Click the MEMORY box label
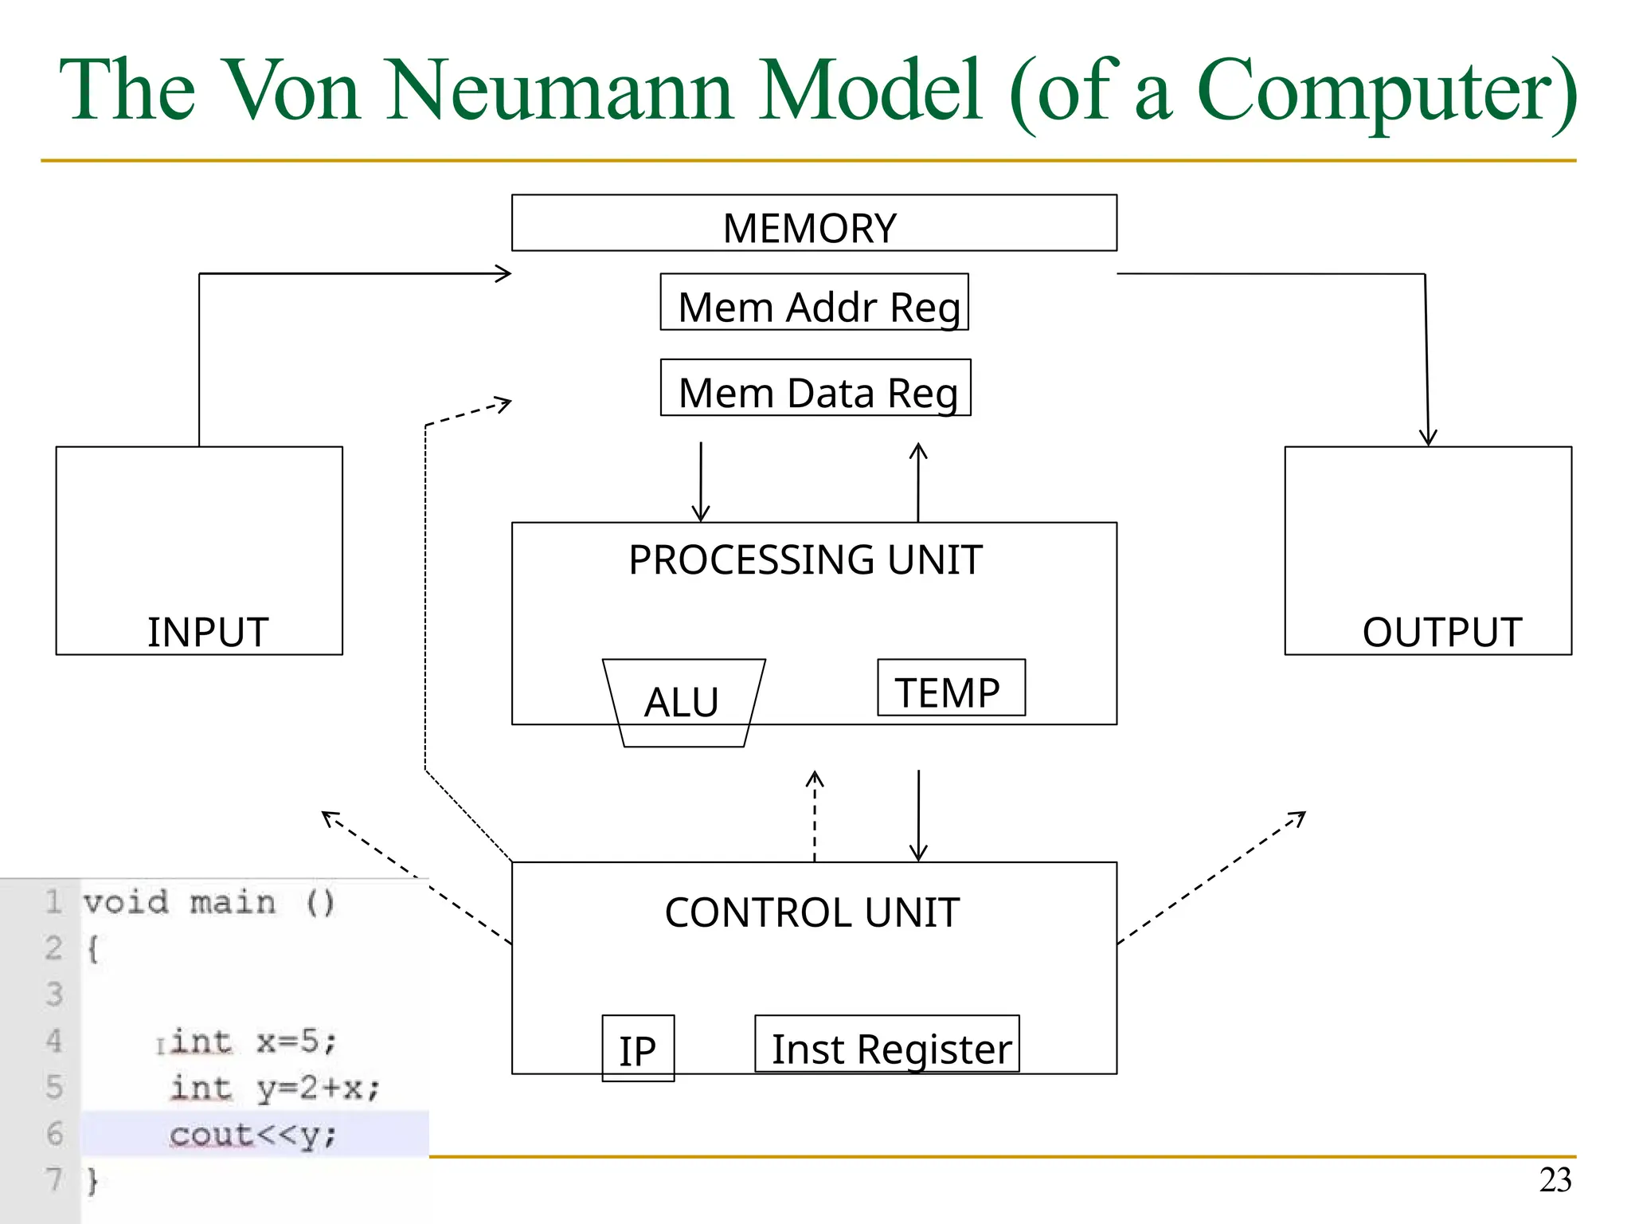coord(809,228)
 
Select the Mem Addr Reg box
coord(814,303)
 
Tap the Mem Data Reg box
coord(815,389)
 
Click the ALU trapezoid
coord(683,702)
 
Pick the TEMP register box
coord(951,688)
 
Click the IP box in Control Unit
coord(638,1049)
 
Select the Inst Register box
coord(887,1045)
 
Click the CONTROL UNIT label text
coord(812,912)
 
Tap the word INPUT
coord(207,633)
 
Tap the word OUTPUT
coord(1441,633)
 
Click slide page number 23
coord(1555,1180)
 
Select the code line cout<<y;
coord(253,1134)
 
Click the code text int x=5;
coord(255,1042)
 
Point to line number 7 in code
coord(53,1179)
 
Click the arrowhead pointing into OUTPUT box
coord(1428,437)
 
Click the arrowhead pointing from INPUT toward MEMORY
coord(503,273)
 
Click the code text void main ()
coord(209,903)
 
